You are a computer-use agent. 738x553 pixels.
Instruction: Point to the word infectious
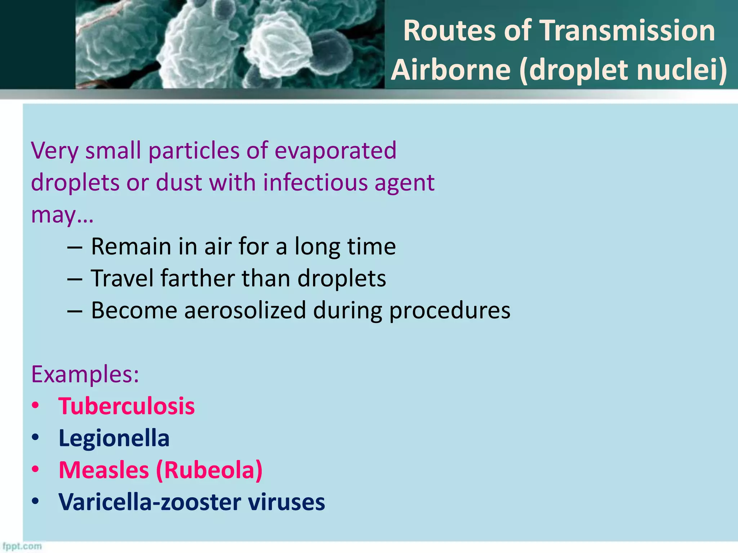[315, 183]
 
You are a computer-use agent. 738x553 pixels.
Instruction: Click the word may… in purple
[62, 215]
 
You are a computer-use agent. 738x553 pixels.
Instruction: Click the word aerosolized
[245, 310]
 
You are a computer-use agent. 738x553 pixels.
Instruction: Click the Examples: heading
[85, 374]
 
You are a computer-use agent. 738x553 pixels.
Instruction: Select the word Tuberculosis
[126, 406]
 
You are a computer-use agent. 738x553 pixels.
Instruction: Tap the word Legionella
[114, 439]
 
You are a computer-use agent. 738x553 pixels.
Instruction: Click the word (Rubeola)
[209, 470]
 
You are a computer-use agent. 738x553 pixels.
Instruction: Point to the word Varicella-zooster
[150, 502]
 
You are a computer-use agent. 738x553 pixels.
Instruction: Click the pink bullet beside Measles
[35, 469]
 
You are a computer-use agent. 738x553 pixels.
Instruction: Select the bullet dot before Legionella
[35, 438]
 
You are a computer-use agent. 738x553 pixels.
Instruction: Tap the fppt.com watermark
[22, 546]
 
